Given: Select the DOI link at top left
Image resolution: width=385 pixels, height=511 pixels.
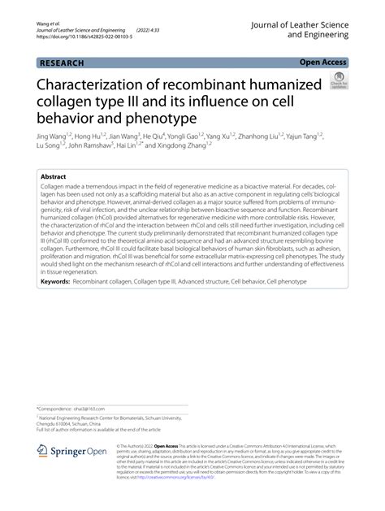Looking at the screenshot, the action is pyautogui.click(x=72, y=37).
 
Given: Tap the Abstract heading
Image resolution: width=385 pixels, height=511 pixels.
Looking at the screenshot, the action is pyautogui.click(x=54, y=176).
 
